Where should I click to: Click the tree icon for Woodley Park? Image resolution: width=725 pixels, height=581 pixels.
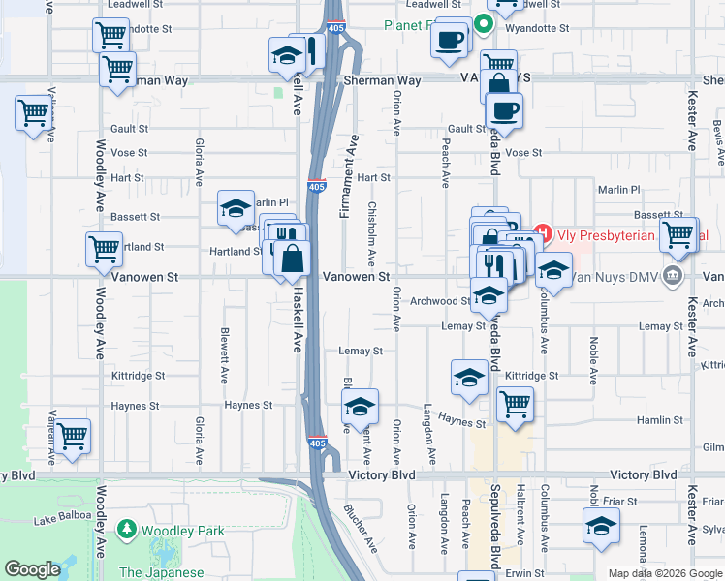[126, 530]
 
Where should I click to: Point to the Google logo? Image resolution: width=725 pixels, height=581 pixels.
[32, 569]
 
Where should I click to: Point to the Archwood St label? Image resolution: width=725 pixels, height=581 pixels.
[439, 300]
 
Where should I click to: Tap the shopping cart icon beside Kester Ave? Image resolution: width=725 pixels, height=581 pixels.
[678, 232]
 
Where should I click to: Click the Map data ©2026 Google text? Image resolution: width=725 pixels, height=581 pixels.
[664, 573]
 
